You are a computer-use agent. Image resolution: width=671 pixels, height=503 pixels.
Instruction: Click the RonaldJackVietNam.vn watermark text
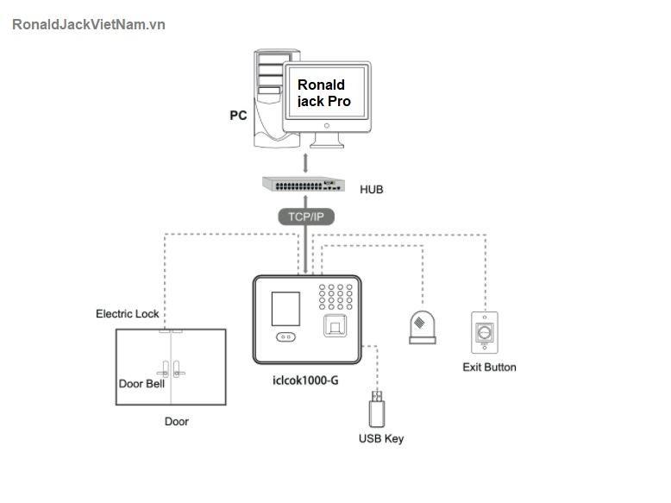(x=89, y=24)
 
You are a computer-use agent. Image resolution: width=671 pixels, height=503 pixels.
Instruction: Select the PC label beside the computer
(x=238, y=115)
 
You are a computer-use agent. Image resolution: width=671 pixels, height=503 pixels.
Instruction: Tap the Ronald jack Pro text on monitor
(x=324, y=92)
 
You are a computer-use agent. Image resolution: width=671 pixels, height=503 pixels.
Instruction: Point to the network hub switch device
(x=303, y=185)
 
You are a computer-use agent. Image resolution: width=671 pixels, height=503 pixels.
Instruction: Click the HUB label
(x=372, y=189)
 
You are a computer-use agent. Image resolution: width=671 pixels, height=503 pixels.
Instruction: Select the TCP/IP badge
(x=306, y=217)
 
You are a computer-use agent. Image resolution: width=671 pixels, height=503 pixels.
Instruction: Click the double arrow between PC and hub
(x=304, y=162)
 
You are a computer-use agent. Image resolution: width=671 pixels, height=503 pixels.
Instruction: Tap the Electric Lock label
(x=127, y=314)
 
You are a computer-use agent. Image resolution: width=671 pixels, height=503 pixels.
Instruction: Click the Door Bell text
(x=141, y=384)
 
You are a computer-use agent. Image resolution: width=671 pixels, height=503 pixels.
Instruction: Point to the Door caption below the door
(x=176, y=422)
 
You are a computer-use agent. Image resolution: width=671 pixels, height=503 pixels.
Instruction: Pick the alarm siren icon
(x=422, y=326)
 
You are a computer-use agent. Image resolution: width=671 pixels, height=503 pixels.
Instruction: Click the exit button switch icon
(x=485, y=332)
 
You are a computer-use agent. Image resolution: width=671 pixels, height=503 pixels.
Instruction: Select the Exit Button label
(x=489, y=368)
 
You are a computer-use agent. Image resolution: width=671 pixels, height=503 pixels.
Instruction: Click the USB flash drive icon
(x=378, y=409)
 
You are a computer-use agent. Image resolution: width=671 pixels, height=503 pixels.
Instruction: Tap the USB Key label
(x=380, y=438)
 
